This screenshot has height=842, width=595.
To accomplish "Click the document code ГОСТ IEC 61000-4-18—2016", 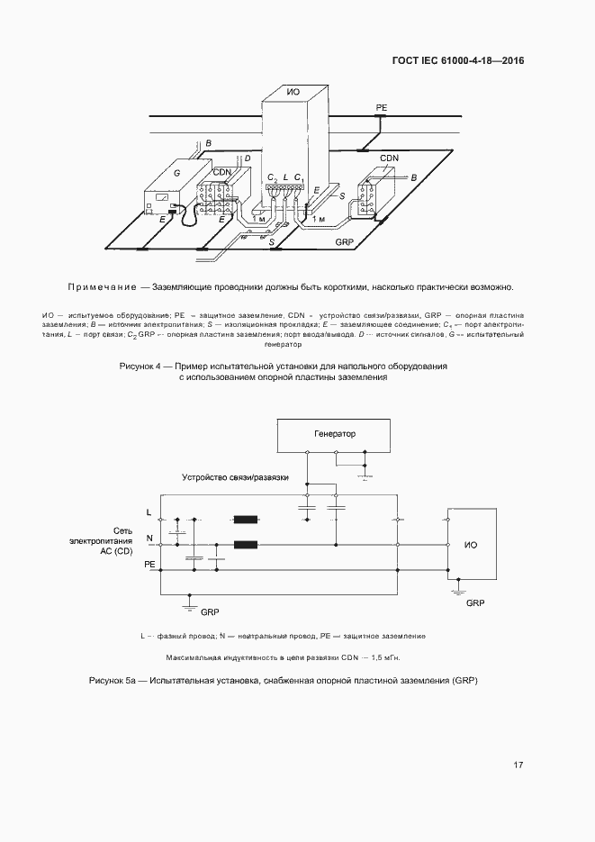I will tap(458, 61).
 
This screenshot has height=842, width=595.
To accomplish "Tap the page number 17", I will tap(518, 765).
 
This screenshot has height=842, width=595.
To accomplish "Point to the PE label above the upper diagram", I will tap(381, 107).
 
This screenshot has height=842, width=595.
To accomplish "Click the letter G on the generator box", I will tap(176, 170).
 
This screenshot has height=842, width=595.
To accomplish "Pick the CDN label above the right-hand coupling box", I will tap(389, 158).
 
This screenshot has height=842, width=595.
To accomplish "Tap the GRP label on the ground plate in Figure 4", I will tap(343, 243).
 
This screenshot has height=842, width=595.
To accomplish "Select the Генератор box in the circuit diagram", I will tap(334, 434).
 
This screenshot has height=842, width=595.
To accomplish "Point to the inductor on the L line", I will tap(244, 519).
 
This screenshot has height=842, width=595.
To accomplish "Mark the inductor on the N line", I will tap(244, 544).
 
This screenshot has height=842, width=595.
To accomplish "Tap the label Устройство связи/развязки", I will tap(235, 477).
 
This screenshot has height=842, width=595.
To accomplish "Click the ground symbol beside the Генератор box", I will tap(364, 475).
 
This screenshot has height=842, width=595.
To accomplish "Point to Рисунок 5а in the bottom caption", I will tap(112, 680).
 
